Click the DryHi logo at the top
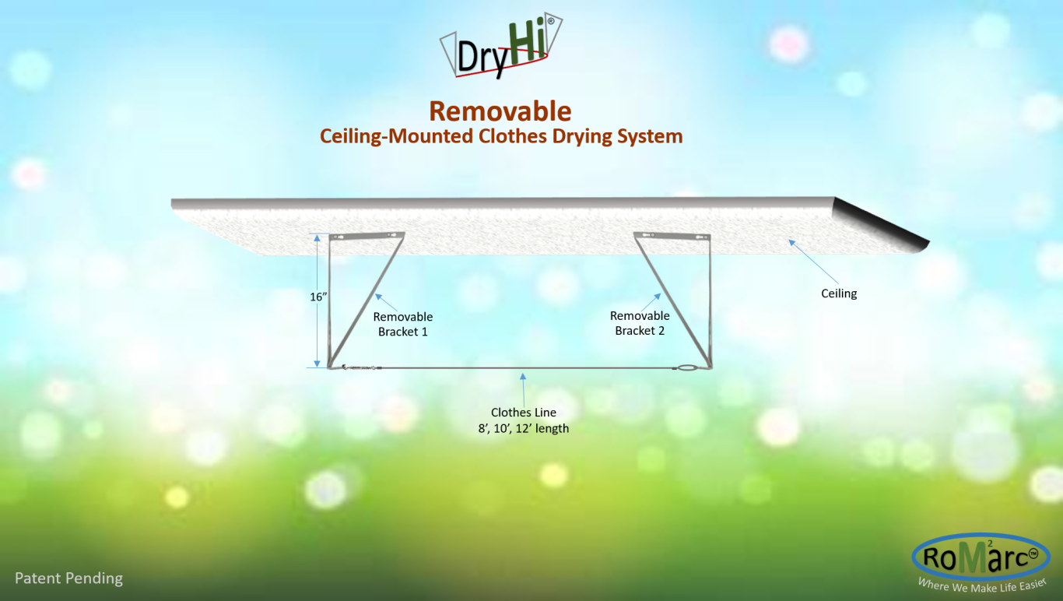click(501, 46)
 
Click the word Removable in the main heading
click(500, 111)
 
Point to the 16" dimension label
click(318, 297)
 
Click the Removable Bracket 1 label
click(403, 324)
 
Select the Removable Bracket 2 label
click(640, 323)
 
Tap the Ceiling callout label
click(839, 293)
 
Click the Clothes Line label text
click(524, 412)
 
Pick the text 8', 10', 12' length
click(524, 428)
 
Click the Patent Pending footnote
click(68, 578)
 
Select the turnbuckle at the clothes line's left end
click(360, 367)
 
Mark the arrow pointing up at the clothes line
click(524, 390)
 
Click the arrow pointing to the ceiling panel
click(813, 262)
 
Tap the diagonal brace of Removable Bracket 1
click(367, 300)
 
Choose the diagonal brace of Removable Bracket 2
click(672, 301)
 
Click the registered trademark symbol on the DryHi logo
click(551, 21)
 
